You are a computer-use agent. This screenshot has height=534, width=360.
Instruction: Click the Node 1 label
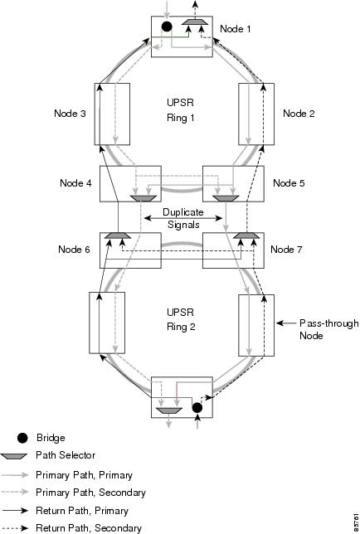pyautogui.click(x=236, y=29)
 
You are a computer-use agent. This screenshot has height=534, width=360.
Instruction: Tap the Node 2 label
pyautogui.click(x=299, y=114)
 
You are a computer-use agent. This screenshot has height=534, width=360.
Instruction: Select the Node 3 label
pyautogui.click(x=70, y=114)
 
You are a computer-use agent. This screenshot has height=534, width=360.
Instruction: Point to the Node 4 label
pyautogui.click(x=75, y=183)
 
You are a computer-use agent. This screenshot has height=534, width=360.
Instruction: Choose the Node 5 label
pyautogui.click(x=289, y=183)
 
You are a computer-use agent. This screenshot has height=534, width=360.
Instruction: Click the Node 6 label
pyautogui.click(x=74, y=250)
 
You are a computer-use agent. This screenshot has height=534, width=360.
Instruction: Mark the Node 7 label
pyautogui.click(x=286, y=250)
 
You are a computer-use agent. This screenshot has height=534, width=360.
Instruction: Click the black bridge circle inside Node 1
pyautogui.click(x=167, y=27)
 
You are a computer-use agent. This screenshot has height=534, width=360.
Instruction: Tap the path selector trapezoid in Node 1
pyautogui.click(x=195, y=22)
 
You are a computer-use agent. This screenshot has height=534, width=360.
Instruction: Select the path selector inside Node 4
pyautogui.click(x=144, y=198)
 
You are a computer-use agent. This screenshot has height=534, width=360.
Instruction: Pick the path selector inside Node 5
pyautogui.click(x=226, y=198)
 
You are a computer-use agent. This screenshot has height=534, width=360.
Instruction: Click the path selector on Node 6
pyautogui.click(x=118, y=235)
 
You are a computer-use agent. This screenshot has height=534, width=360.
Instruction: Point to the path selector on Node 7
pyautogui.click(x=246, y=235)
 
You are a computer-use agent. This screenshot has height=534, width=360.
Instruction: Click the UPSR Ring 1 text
pyautogui.click(x=181, y=110)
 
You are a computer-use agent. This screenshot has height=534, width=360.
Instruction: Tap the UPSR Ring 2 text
pyautogui.click(x=181, y=319)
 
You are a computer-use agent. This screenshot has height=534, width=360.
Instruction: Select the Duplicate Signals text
pyautogui.click(x=183, y=218)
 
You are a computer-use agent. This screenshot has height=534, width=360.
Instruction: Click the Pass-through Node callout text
pyautogui.click(x=329, y=329)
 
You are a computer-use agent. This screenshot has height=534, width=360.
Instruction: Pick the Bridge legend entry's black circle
pyautogui.click(x=22, y=439)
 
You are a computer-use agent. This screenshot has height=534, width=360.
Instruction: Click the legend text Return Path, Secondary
pyautogui.click(x=89, y=528)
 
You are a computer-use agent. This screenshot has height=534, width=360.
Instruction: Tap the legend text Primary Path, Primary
pyautogui.click(x=84, y=475)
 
